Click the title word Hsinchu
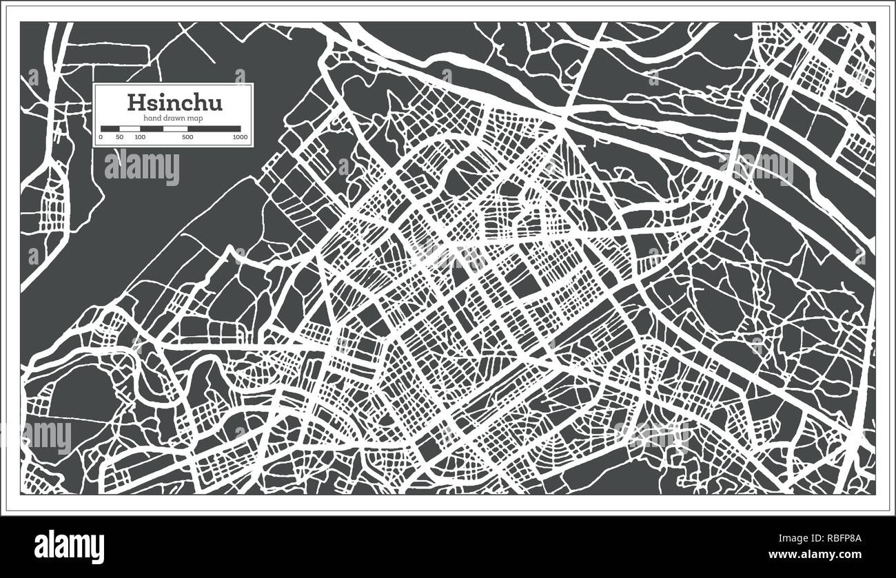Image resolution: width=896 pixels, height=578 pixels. point(174,103)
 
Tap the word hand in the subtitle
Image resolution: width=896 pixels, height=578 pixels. point(152,119)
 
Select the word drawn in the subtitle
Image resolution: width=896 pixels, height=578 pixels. point(174,119)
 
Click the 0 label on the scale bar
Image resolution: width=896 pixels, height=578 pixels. point(101,137)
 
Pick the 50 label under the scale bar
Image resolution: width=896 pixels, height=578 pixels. point(119,137)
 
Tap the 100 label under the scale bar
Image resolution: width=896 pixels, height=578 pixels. point(140,137)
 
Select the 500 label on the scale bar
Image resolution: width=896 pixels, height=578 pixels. point(187,137)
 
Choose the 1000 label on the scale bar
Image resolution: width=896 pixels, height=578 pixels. point(240,137)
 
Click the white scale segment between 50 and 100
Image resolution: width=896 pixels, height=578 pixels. point(130,128)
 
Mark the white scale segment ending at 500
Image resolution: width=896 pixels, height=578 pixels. point(175,128)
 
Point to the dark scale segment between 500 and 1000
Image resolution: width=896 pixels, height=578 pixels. point(214,128)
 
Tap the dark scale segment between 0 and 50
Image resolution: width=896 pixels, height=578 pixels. point(110,128)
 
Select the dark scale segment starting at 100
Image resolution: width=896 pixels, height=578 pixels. point(152,128)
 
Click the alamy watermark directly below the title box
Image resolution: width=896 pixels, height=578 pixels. point(142,167)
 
